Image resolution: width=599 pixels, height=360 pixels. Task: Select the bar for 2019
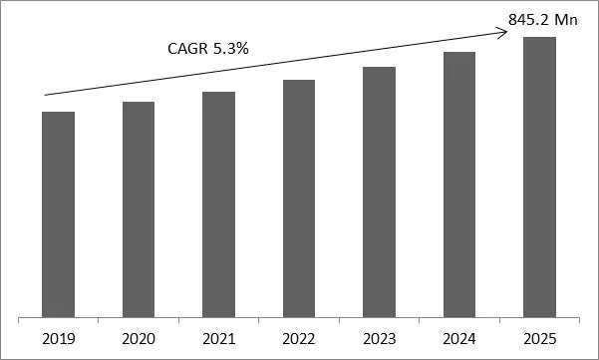click(x=59, y=213)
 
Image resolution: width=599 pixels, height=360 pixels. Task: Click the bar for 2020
click(x=139, y=208)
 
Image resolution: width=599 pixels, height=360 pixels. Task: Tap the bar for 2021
click(x=218, y=203)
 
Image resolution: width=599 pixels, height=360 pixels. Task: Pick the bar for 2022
click(x=299, y=197)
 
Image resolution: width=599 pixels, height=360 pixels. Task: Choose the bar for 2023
click(x=379, y=191)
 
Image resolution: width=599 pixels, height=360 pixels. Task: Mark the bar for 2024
click(x=458, y=183)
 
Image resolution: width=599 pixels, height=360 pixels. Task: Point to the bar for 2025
click(x=539, y=177)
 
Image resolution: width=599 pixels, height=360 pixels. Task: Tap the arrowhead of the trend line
click(x=505, y=30)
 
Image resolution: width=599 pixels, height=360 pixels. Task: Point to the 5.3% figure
click(x=229, y=47)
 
